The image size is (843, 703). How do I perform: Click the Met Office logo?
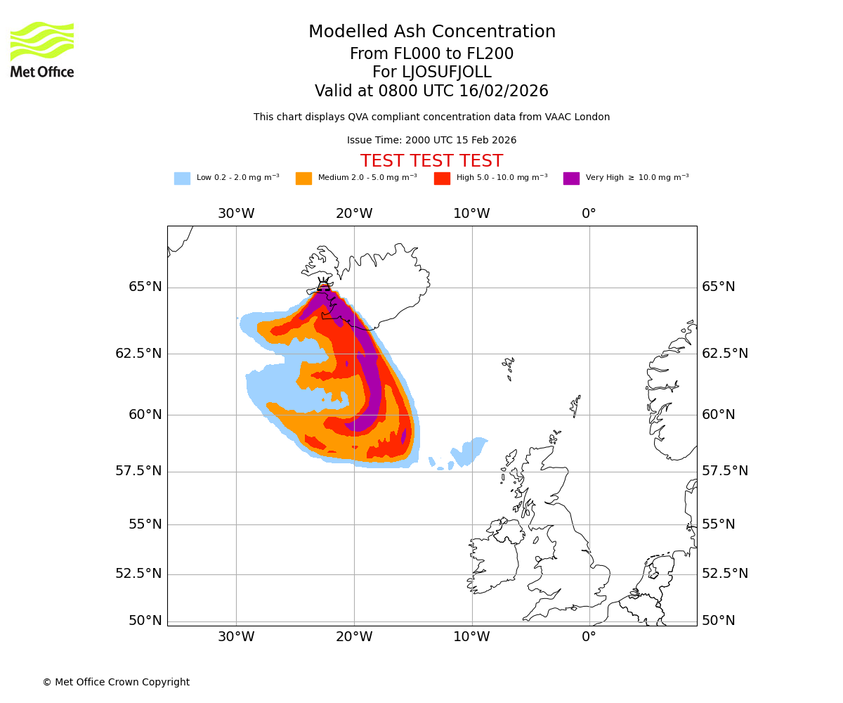click(42, 49)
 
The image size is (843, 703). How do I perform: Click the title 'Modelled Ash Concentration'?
click(432, 32)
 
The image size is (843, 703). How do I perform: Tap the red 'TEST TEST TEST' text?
click(431, 161)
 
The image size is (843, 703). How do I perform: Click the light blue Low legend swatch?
click(182, 179)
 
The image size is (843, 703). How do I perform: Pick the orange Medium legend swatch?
click(303, 179)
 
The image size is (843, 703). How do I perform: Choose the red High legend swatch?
click(442, 179)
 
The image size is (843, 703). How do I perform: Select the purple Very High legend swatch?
click(571, 179)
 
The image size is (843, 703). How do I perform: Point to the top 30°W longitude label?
click(236, 214)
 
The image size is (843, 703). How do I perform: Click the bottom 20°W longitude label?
click(353, 638)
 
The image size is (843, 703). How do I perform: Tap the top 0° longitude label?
click(589, 214)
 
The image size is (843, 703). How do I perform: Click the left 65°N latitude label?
click(145, 287)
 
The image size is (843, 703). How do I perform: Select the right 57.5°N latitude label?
click(725, 471)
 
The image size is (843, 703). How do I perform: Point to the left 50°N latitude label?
click(145, 621)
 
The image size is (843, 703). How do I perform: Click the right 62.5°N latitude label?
click(725, 354)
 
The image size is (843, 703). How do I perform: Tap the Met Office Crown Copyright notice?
click(116, 682)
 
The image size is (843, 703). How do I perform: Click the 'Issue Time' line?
click(431, 141)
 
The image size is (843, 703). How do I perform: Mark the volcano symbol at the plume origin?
click(323, 285)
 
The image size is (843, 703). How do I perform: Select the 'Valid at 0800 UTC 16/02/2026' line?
click(431, 91)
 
